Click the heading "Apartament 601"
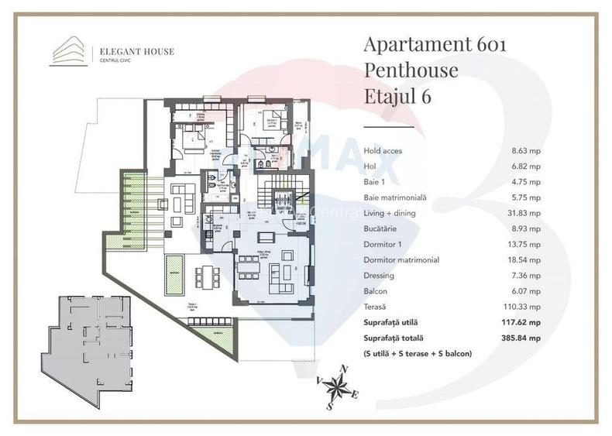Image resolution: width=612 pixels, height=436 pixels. (435, 44)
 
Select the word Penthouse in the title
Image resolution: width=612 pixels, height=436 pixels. (411, 70)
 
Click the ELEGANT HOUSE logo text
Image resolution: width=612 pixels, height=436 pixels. (136, 52)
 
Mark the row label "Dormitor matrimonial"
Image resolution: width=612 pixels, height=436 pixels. (401, 259)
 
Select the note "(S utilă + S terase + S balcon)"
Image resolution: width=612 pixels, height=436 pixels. (417, 353)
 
